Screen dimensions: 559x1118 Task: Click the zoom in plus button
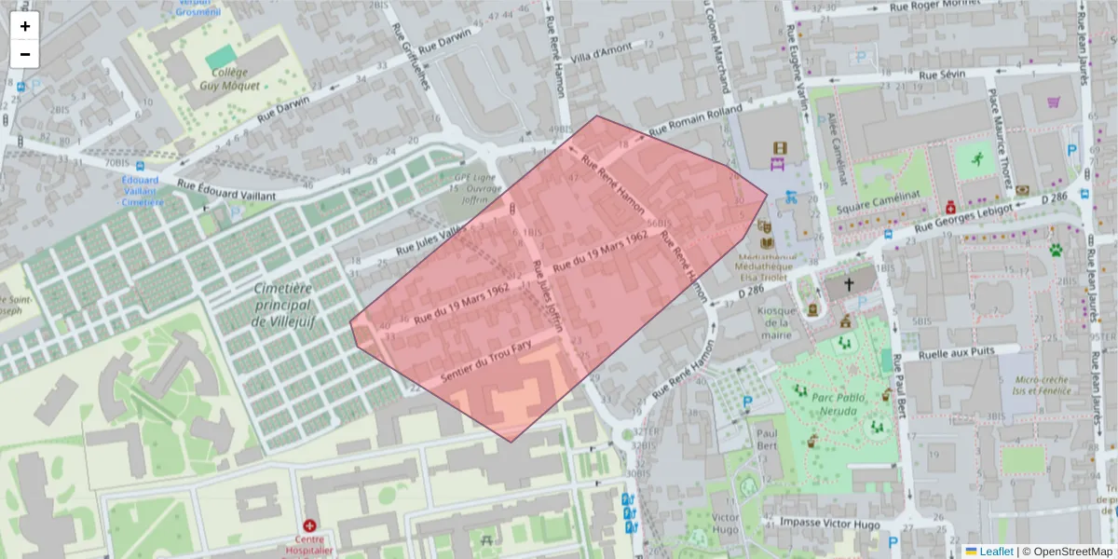[25, 26]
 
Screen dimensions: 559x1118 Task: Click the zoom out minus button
[25, 54]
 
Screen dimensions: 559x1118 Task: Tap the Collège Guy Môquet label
[229, 78]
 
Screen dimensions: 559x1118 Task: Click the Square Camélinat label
[878, 207]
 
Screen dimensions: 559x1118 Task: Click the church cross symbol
[848, 283]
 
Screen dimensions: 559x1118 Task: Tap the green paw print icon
[1056, 250]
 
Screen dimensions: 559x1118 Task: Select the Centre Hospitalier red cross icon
[309, 526]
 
